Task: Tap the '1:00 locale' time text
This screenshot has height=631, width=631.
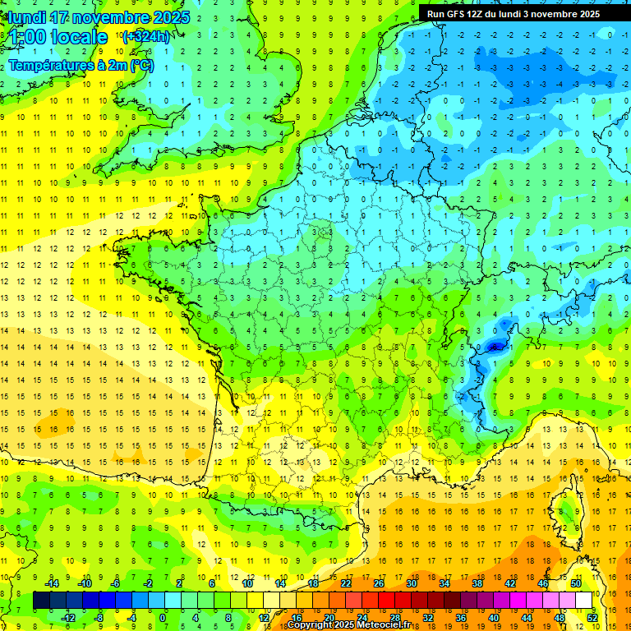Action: click(x=58, y=37)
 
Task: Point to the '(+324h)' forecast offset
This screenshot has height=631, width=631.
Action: click(x=146, y=36)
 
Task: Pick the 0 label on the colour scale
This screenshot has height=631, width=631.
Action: click(x=163, y=618)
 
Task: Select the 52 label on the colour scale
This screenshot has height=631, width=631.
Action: click(x=592, y=618)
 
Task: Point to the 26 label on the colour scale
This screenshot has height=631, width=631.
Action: click(x=378, y=583)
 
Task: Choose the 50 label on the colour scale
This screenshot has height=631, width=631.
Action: click(x=576, y=583)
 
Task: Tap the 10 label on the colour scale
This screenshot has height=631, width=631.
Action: click(x=246, y=583)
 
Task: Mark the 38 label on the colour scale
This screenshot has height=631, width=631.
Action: click(x=477, y=583)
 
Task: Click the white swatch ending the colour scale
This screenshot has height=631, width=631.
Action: click(x=584, y=601)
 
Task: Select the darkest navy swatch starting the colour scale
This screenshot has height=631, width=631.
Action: click(x=41, y=601)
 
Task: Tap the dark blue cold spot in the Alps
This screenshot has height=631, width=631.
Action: click(x=493, y=347)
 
